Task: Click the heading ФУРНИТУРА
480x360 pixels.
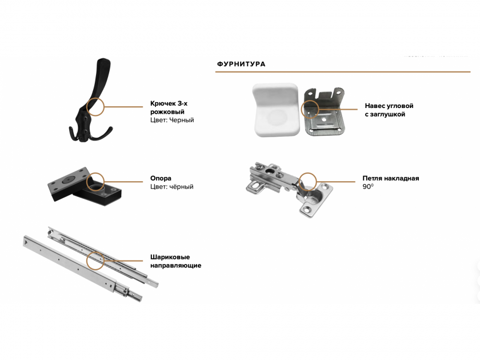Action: [241, 64]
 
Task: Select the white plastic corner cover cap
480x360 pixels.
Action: [275, 110]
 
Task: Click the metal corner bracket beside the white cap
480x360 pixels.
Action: [324, 112]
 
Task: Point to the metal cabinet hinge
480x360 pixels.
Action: [289, 187]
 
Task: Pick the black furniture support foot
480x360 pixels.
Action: [85, 186]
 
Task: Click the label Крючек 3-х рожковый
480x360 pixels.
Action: [169, 107]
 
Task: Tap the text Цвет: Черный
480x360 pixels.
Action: [172, 120]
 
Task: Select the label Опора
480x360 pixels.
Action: [161, 178]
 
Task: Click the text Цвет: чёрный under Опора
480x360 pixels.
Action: [172, 187]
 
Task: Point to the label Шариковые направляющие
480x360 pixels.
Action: [176, 261]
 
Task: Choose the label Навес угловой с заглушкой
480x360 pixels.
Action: [389, 110]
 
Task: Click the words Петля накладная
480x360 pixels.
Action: [391, 178]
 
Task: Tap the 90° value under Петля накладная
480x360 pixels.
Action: [368, 186]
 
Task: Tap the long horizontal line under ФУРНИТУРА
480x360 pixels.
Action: [343, 72]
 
